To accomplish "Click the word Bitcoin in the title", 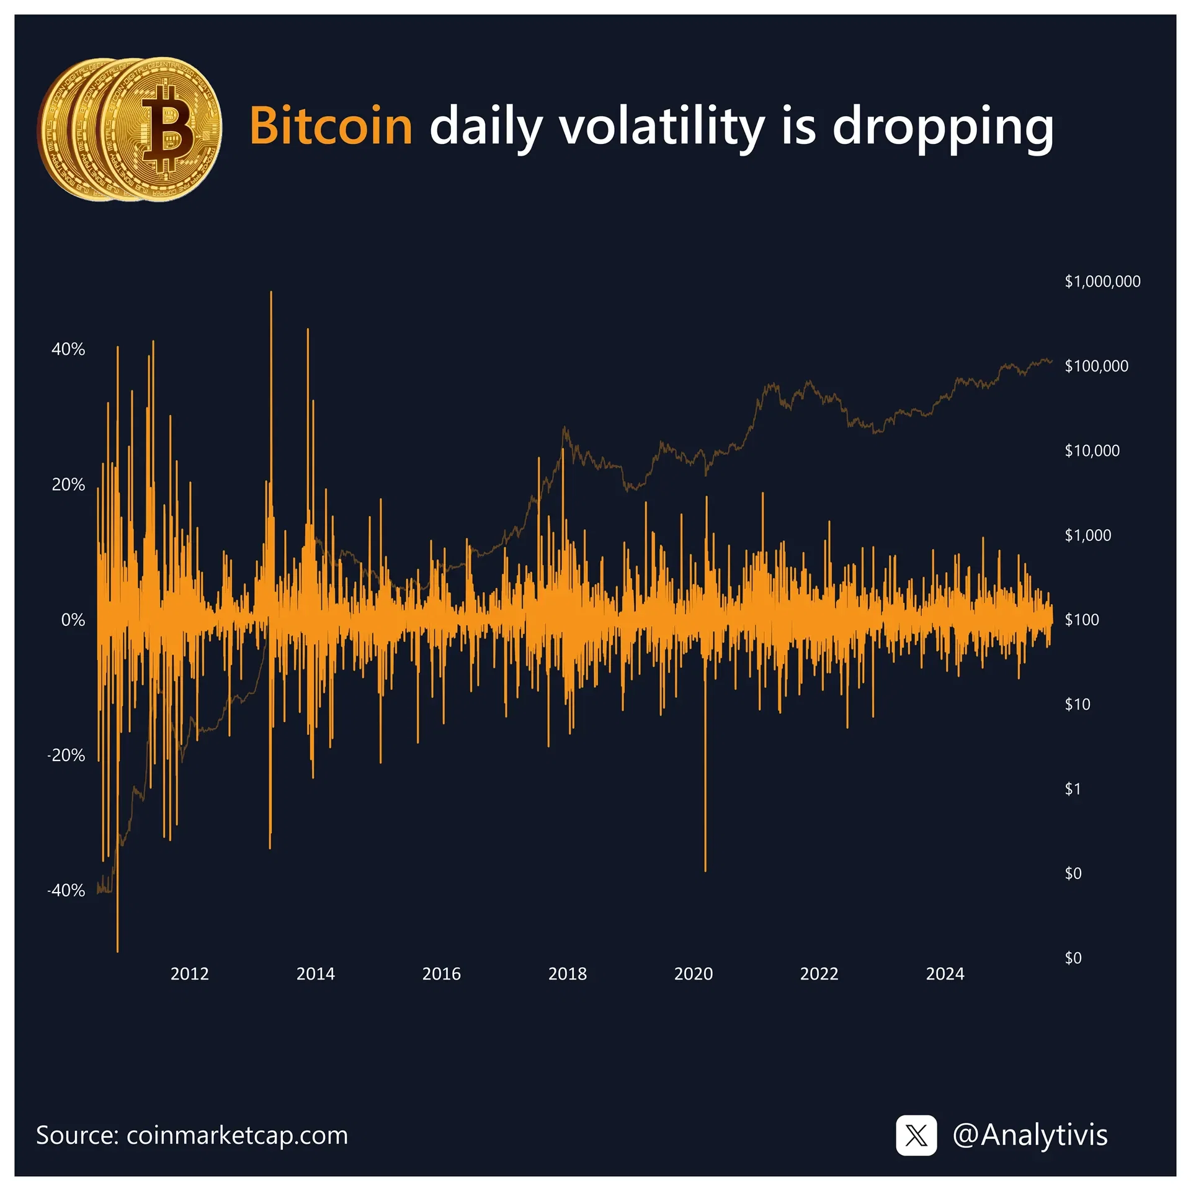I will click(331, 126).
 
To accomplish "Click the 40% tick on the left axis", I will click(68, 349).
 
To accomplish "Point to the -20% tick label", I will click(66, 755).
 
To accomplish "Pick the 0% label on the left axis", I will click(73, 620).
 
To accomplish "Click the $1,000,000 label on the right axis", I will click(1102, 282).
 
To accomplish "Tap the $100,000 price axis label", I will click(1096, 366).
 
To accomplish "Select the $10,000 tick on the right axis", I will click(1092, 450).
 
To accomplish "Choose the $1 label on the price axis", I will click(1073, 789).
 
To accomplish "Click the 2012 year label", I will click(190, 973).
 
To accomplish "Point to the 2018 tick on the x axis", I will click(567, 973).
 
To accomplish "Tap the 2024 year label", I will click(945, 973).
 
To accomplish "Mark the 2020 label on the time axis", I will click(694, 973).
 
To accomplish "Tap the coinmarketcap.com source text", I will click(237, 1135).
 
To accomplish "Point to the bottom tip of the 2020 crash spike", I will click(705, 870).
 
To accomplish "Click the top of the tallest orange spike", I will click(271, 292).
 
